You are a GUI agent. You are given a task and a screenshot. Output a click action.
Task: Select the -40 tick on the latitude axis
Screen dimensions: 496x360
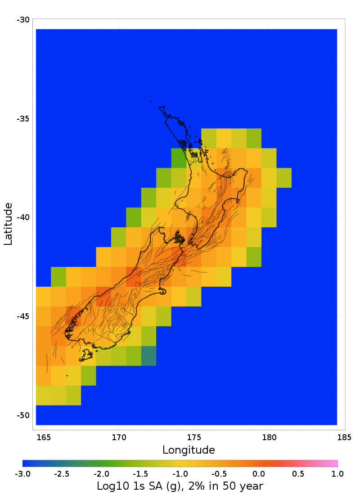23,217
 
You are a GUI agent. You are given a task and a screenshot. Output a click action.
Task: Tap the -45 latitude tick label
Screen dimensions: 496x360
23,316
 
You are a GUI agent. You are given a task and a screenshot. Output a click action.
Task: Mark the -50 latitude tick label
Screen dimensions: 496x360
23,415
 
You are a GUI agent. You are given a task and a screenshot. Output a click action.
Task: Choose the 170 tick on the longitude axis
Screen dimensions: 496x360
119,437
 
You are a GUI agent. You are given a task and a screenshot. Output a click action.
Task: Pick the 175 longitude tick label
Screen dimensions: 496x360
194,437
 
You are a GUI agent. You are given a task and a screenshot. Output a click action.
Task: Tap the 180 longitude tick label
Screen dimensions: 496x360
269,437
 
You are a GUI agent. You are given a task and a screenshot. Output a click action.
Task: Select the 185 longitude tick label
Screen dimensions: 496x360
344,437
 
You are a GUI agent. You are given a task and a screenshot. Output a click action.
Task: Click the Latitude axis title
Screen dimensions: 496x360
8,224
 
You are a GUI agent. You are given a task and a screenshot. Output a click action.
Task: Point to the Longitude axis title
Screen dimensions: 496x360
189,450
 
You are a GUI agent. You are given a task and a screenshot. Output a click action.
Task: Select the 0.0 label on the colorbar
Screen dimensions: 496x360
258,473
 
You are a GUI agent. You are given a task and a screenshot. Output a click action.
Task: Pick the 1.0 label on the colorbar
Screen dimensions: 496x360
337,473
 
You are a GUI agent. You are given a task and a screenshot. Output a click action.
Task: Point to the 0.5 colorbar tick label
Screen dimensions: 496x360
298,473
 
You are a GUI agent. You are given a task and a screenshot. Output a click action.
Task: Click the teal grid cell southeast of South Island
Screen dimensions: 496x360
148,356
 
